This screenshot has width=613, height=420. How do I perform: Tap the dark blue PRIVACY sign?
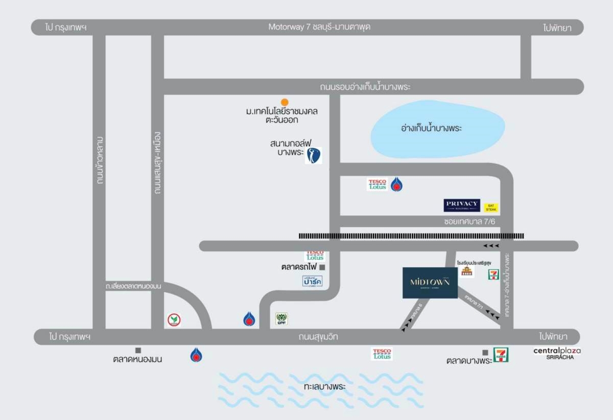pyautogui.click(x=462, y=205)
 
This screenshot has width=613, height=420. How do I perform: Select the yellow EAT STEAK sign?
pyautogui.click(x=491, y=207)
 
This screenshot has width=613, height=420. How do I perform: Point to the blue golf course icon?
pyautogui.click(x=314, y=156)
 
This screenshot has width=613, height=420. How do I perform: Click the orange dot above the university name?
pyautogui.click(x=285, y=102)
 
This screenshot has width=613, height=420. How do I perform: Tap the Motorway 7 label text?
pyautogui.click(x=319, y=27)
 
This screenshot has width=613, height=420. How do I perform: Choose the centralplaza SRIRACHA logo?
pyautogui.click(x=557, y=353)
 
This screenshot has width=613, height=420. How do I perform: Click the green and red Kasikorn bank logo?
pyautogui.click(x=174, y=320)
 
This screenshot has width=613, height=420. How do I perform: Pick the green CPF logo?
pyautogui.click(x=281, y=319)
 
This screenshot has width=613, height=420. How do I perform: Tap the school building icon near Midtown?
pyautogui.click(x=466, y=271)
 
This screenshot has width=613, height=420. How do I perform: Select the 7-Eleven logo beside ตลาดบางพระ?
pyautogui.click(x=501, y=354)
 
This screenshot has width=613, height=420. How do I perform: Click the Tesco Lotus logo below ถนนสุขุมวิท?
pyautogui.click(x=382, y=354)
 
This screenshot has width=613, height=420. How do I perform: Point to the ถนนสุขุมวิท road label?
pyautogui.click(x=319, y=337)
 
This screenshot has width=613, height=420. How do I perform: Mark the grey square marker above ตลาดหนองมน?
pyautogui.click(x=138, y=350)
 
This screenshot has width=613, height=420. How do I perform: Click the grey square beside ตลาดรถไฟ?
pyautogui.click(x=322, y=267)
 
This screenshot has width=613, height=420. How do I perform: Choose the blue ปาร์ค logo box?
pyautogui.click(x=312, y=281)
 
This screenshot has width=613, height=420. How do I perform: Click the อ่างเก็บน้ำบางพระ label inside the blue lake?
pyautogui.click(x=432, y=128)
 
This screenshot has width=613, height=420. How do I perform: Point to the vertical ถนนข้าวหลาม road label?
pyautogui.click(x=100, y=160)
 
